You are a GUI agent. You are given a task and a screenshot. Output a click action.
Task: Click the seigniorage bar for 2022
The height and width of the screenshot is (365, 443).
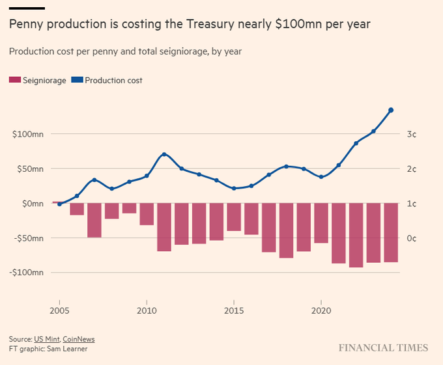[x=356, y=236]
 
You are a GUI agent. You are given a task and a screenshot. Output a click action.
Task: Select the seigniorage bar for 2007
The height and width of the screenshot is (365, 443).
[x=94, y=221]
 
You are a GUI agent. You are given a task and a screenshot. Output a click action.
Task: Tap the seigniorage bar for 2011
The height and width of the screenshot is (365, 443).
[x=164, y=227]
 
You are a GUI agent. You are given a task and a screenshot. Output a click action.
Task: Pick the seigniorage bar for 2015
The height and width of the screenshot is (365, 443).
[x=234, y=217]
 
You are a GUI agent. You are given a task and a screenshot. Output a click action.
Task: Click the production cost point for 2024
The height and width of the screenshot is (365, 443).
[x=391, y=110]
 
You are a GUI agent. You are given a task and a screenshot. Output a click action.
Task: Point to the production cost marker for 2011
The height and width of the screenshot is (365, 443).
[x=164, y=154]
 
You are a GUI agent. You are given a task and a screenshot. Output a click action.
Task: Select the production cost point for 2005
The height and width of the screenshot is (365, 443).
[x=60, y=204]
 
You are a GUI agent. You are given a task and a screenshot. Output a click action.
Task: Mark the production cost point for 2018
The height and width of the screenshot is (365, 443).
[x=286, y=167]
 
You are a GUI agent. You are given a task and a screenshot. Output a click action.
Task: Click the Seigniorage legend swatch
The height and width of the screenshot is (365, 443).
[x=15, y=80]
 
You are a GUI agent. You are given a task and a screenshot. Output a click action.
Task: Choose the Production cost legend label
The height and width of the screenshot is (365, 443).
[x=113, y=81]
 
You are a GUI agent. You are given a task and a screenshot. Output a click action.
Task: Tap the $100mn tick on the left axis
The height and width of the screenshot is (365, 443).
[x=28, y=134]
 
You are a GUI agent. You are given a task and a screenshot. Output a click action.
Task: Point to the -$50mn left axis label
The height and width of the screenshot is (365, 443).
[x=29, y=238]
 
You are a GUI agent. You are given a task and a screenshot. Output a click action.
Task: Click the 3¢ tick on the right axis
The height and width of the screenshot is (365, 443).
[x=412, y=134]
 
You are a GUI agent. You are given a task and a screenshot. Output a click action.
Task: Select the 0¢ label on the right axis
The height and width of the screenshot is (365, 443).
[x=412, y=238]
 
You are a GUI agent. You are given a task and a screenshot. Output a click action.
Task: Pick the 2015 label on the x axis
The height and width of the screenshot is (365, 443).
[x=234, y=310]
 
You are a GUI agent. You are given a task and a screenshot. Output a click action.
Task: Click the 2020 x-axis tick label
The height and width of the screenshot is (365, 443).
[x=321, y=310]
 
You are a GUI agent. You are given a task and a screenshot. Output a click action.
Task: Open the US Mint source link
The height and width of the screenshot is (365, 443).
[x=47, y=339]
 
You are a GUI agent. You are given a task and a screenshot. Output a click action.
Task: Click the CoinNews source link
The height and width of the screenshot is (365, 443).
[x=79, y=339]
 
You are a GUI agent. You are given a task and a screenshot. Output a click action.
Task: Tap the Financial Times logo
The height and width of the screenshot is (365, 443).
[x=383, y=348]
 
